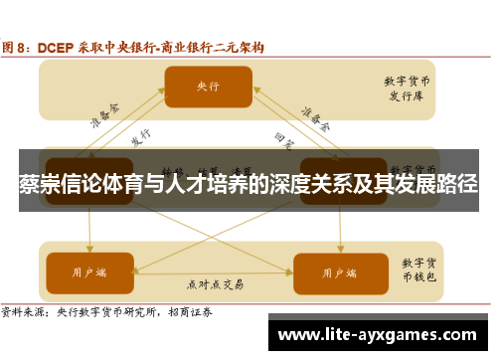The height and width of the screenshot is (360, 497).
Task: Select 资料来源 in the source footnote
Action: (x=24, y=311)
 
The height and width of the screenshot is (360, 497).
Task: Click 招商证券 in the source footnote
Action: (x=201, y=311)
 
